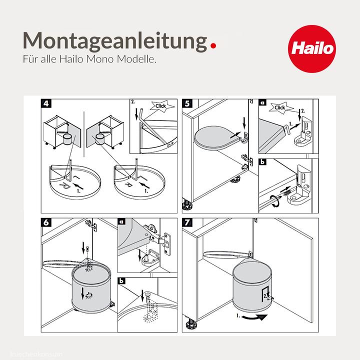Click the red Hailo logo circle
coord(313,49)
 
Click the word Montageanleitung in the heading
coord(114,40)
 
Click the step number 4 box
coord(46,104)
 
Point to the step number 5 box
coord(187,104)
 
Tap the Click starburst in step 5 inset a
coord(280,107)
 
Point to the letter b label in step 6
coord(122,281)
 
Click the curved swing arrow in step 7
coord(252,318)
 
